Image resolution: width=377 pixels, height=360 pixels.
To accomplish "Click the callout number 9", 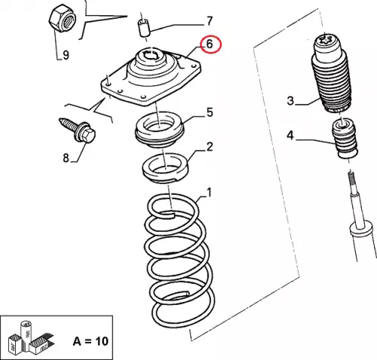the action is point(66,54).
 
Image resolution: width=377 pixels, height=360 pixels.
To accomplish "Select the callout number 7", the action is point(210,21).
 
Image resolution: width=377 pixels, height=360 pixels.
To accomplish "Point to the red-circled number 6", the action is point(210,44).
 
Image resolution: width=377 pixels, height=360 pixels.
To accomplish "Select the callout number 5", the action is point(210,112).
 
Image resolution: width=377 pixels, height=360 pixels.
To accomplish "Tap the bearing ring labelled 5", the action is point(160,130).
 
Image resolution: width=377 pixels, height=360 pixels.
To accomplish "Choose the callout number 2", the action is point(210,146).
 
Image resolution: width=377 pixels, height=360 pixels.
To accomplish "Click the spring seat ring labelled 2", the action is point(165,168).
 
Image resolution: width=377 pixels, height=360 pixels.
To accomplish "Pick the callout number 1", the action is point(209,192).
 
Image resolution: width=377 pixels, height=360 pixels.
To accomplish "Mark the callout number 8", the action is point(66,158).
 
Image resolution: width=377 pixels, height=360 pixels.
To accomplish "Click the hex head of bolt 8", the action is point(87,136).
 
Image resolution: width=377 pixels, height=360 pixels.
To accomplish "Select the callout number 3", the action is point(290,100).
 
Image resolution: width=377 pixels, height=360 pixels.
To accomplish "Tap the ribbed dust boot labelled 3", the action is point(330,73).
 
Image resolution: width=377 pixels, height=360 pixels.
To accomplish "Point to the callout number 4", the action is point(290,135).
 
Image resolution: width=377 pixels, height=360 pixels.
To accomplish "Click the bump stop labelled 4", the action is point(345,138).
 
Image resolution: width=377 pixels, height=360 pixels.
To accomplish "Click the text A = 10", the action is point(90,341).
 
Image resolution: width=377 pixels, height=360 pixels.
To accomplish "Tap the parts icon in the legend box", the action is point(31,337).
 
